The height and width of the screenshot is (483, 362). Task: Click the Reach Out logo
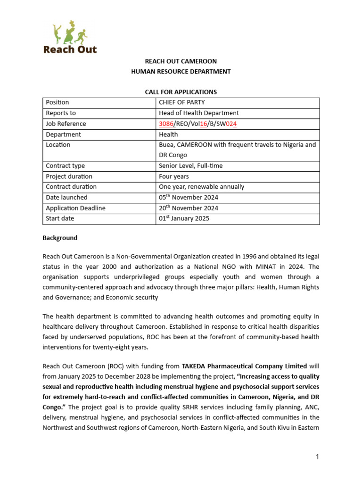(x=70, y=38)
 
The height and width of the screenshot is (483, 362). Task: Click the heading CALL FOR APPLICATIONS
(x=181, y=92)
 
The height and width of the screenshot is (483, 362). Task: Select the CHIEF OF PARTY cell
(x=181, y=102)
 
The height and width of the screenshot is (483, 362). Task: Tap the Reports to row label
(x=61, y=113)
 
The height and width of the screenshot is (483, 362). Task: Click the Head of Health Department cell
(x=198, y=113)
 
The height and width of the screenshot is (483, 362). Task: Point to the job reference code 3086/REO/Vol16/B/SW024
(x=198, y=124)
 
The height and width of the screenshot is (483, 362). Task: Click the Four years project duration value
(x=173, y=176)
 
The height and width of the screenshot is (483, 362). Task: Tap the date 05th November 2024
(x=188, y=198)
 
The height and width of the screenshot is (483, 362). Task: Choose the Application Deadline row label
(x=75, y=208)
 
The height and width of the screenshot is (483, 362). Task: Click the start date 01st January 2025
(x=184, y=219)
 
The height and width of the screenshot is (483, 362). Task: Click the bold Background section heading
(x=60, y=238)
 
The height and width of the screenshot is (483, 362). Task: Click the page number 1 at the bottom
(x=318, y=457)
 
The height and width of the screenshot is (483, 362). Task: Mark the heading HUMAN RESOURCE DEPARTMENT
(x=181, y=72)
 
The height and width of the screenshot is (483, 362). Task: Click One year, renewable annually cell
(x=201, y=187)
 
